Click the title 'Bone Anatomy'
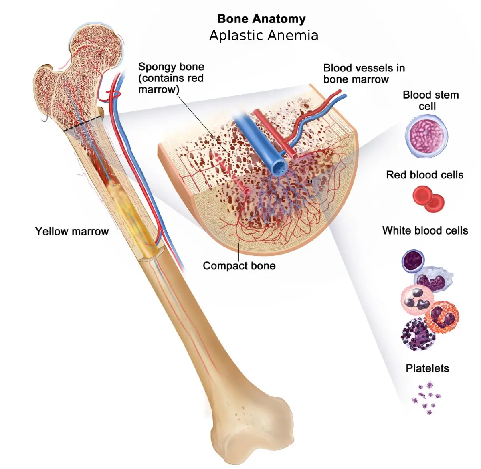click(261, 19)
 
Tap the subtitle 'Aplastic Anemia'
click(264, 35)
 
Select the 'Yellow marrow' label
click(72, 231)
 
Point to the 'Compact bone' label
click(239, 266)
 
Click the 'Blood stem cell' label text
click(430, 100)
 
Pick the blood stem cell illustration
click(426, 136)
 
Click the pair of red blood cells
click(428, 199)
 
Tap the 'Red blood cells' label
click(424, 175)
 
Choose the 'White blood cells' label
click(425, 230)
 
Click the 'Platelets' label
click(427, 368)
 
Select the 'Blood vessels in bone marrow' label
click(364, 73)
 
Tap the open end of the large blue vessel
click(279, 168)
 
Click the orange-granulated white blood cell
click(442, 317)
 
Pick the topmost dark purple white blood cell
click(413, 261)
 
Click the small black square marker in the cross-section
click(310, 181)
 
